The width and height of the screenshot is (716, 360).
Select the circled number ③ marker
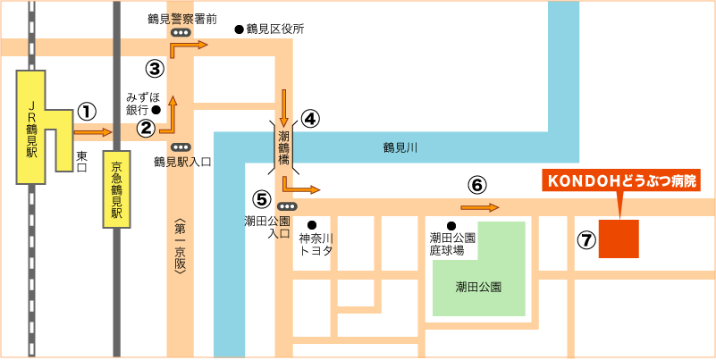[x=155, y=68]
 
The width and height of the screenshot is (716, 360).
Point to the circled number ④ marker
[x=310, y=119]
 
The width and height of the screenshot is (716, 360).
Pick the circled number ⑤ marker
[x=261, y=198]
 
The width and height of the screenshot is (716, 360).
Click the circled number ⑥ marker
[x=476, y=185]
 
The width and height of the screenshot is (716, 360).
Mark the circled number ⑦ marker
[x=586, y=239]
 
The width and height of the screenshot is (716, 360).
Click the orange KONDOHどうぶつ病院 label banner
[x=620, y=180]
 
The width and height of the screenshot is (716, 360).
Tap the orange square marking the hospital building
[x=619, y=239]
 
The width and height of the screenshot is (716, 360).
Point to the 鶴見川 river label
[x=400, y=147]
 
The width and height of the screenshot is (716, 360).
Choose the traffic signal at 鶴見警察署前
[x=181, y=33]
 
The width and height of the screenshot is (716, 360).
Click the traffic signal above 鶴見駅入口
[x=181, y=147]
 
